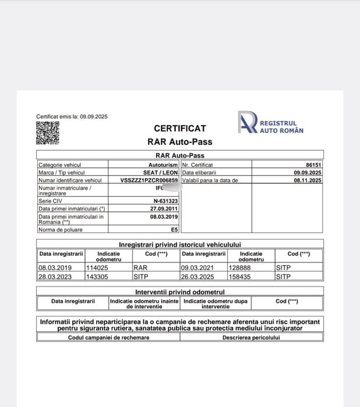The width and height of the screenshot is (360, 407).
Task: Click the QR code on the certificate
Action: pyautogui.click(x=48, y=133)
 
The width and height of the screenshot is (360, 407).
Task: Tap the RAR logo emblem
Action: pyautogui.click(x=247, y=122)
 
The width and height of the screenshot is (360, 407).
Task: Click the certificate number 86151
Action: pyautogui.click(x=313, y=165)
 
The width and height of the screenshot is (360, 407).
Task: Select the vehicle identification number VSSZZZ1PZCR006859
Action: pyautogui.click(x=149, y=181)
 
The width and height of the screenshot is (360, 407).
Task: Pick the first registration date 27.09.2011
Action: pyautogui.click(x=164, y=208)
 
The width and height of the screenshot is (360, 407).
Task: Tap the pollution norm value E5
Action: pyautogui.click(x=174, y=230)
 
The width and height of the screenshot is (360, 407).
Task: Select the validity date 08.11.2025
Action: pyautogui.click(x=308, y=181)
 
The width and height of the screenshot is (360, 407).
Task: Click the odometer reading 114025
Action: pyautogui.click(x=97, y=268)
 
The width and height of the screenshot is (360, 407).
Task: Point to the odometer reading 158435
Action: pyautogui.click(x=240, y=277)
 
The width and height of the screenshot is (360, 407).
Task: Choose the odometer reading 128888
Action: pyautogui.click(x=240, y=268)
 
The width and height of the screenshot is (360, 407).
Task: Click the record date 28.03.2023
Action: pyautogui.click(x=55, y=277)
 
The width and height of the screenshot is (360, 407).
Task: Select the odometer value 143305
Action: pyautogui.click(x=97, y=277)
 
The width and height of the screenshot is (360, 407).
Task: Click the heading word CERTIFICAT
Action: pyautogui.click(x=180, y=128)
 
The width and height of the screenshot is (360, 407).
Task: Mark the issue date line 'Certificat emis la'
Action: pyautogui.click(x=72, y=116)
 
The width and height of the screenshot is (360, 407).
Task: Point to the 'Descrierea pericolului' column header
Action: pyautogui.click(x=251, y=337)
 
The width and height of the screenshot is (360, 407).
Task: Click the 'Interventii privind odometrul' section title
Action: pyautogui.click(x=180, y=291)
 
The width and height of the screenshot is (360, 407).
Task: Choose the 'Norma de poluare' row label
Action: pyautogui.click(x=60, y=230)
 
